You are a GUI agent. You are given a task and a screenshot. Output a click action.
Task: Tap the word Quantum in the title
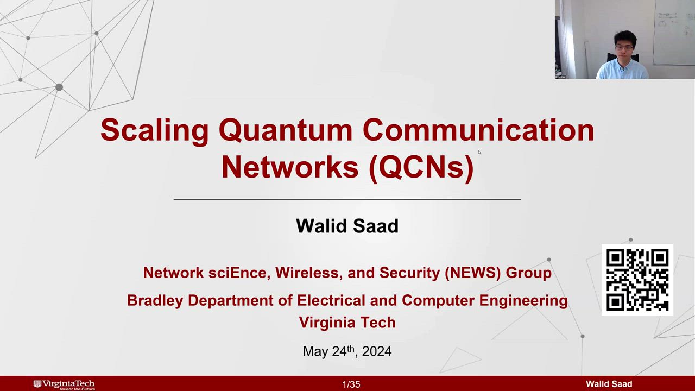click(x=286, y=131)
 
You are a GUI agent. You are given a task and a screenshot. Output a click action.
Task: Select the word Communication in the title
click(x=478, y=130)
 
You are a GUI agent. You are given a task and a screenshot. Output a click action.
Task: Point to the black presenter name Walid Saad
click(x=347, y=226)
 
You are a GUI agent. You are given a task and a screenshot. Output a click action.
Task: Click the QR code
click(x=637, y=280)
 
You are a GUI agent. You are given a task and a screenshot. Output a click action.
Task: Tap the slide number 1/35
click(x=351, y=384)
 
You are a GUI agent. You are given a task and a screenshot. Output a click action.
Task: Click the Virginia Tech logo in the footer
click(x=64, y=385)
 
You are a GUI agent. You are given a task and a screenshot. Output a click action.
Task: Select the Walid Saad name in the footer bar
click(x=609, y=384)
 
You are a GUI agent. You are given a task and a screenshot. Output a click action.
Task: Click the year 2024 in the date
click(x=377, y=351)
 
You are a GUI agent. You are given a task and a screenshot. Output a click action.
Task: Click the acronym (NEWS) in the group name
click(x=473, y=273)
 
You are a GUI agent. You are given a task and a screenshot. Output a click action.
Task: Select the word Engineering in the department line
click(x=523, y=301)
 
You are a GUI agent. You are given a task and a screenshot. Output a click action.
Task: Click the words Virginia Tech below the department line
click(x=347, y=323)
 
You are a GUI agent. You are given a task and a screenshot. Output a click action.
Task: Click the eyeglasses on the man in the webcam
click(x=624, y=48)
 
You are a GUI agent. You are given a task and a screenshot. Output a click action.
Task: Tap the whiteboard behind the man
click(x=674, y=32)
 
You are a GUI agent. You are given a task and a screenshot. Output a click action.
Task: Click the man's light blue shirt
click(x=622, y=70)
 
